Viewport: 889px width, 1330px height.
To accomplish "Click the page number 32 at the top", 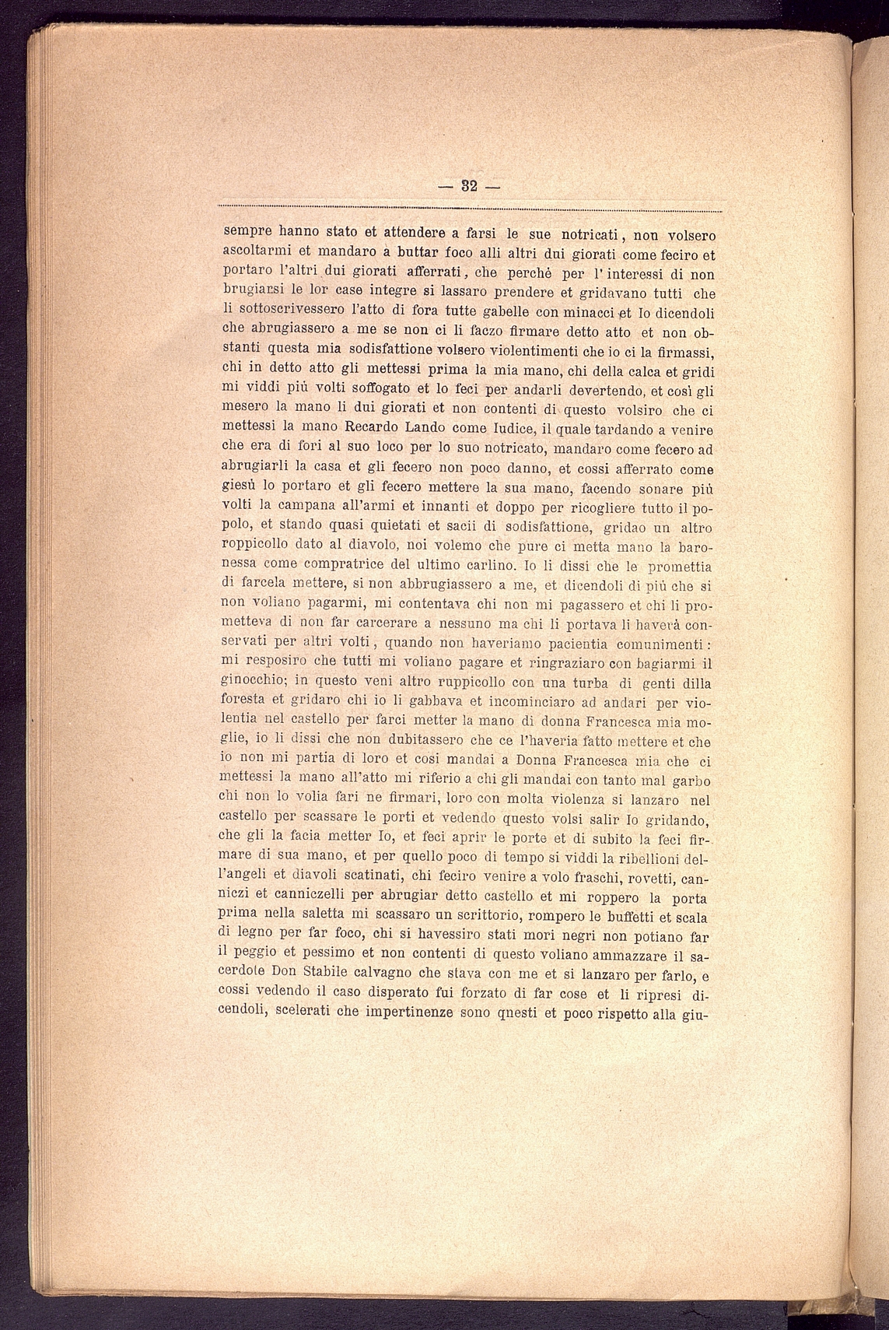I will (469, 187).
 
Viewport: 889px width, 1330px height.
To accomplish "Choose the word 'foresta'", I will (243, 704).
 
